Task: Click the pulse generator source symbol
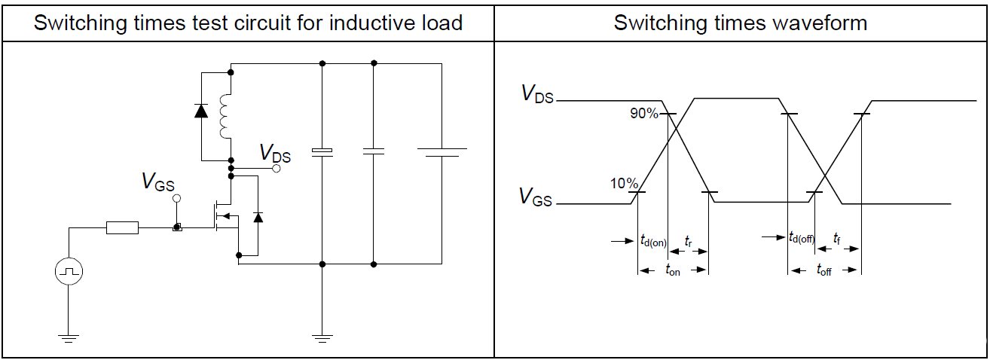click(69, 270)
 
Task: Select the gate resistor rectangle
click(122, 227)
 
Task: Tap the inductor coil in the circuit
click(224, 117)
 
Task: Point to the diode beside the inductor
click(201, 111)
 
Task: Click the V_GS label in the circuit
click(158, 182)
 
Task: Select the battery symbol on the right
click(442, 152)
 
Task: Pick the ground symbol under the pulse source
click(69, 338)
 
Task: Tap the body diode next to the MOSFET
click(258, 217)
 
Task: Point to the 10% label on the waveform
click(625, 184)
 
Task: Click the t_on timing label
click(673, 270)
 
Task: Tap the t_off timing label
click(823, 270)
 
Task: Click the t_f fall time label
click(837, 238)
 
